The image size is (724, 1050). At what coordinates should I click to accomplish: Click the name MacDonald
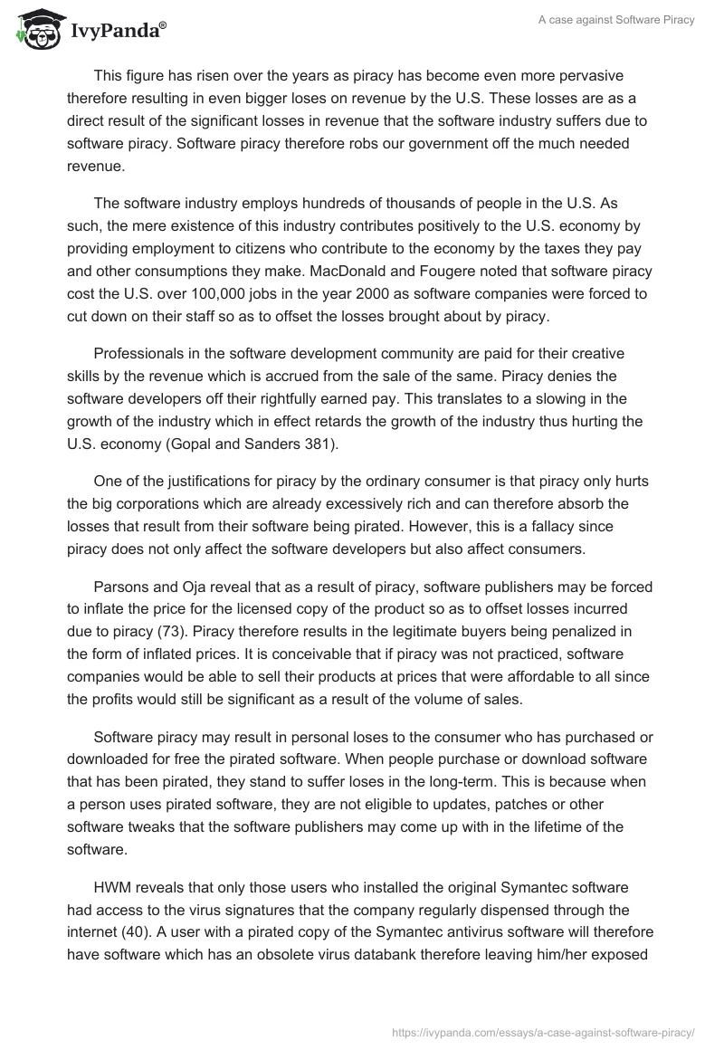click(x=386, y=272)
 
